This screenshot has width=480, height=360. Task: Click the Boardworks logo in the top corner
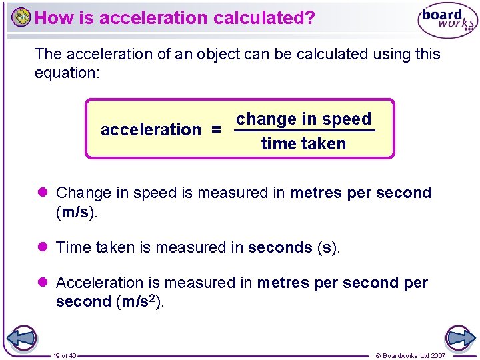pyautogui.click(x=447, y=21)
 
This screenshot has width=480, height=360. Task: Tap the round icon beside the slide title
pyautogui.click(x=21, y=17)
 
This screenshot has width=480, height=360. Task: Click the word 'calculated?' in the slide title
pyautogui.click(x=265, y=18)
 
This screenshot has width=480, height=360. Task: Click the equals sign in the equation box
pyautogui.click(x=216, y=129)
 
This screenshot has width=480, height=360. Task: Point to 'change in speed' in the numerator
pyautogui.click(x=303, y=119)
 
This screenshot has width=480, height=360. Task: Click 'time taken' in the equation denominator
pyautogui.click(x=303, y=143)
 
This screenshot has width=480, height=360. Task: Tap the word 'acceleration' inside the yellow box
pyautogui.click(x=151, y=129)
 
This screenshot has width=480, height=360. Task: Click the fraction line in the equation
pyautogui.click(x=305, y=131)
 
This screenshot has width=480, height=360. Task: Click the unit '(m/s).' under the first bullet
pyautogui.click(x=77, y=211)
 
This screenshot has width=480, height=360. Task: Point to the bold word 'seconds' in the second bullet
pyautogui.click(x=280, y=248)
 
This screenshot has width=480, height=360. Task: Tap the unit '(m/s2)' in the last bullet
pyautogui.click(x=139, y=301)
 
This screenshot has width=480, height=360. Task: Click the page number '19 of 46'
pyautogui.click(x=65, y=355)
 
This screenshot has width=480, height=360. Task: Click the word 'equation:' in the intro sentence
pyautogui.click(x=67, y=72)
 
